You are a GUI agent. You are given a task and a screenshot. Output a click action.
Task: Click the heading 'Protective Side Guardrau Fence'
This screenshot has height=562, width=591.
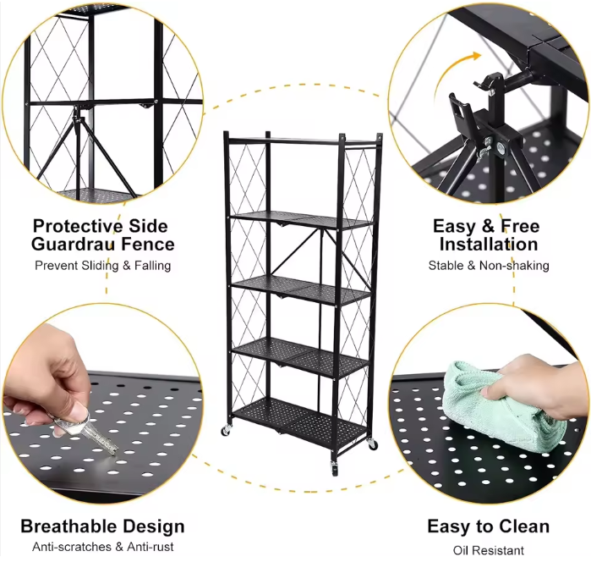(x=103, y=235)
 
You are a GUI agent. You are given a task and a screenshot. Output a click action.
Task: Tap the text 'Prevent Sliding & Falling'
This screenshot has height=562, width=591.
(x=103, y=265)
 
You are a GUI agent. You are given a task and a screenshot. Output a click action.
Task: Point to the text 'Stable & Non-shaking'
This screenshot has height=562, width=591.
(x=488, y=265)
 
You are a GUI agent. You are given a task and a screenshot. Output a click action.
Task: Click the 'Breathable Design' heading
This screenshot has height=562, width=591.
(x=102, y=526)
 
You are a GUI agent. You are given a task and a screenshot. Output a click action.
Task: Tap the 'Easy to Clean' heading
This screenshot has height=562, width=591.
(x=488, y=526)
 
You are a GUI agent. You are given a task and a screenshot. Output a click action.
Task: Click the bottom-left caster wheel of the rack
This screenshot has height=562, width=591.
(x=226, y=432)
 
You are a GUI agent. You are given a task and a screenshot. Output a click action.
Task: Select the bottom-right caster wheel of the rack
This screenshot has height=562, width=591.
(x=372, y=444)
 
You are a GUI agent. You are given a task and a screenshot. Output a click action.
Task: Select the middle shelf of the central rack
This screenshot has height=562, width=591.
(x=301, y=288)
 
